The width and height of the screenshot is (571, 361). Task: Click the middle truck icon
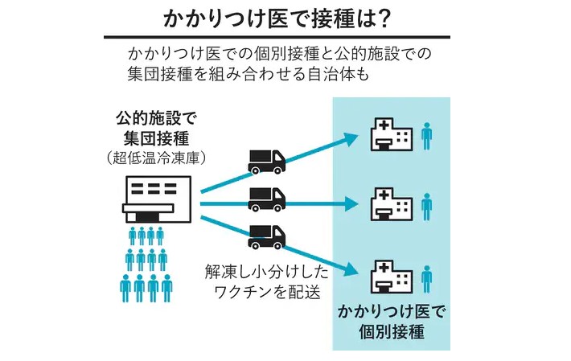(x=266, y=197)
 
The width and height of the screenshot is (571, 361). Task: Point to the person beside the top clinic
(x=427, y=134)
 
